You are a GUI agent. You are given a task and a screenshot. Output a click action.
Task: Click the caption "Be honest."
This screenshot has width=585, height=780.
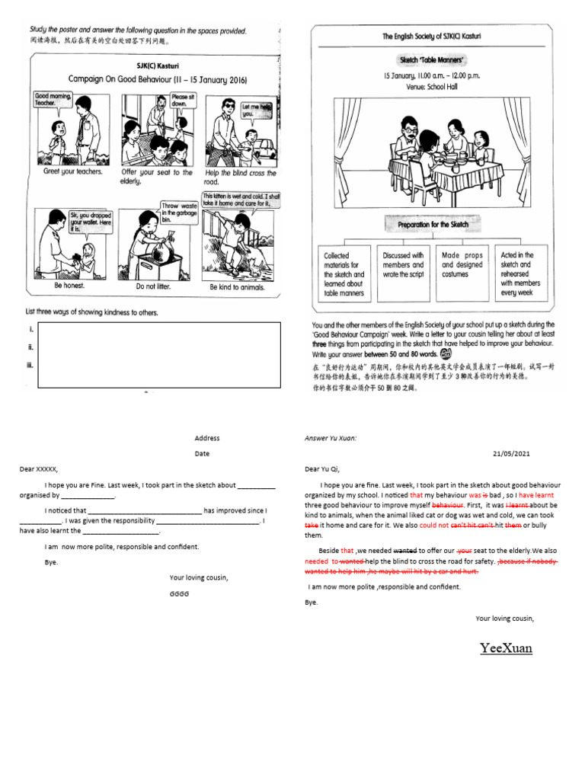(x=69, y=286)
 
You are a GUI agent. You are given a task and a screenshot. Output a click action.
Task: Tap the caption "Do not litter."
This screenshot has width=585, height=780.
(x=155, y=287)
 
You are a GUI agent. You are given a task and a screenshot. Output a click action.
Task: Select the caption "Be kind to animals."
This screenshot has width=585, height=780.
(x=237, y=287)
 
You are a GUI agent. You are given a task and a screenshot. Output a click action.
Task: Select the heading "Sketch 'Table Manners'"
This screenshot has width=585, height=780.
(x=431, y=59)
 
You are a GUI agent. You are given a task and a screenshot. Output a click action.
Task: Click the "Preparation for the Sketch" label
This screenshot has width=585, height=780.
(x=432, y=225)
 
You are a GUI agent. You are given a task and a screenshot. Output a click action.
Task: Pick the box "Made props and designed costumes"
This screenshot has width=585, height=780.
(x=462, y=266)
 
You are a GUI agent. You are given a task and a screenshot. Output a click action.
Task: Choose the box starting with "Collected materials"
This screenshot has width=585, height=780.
(x=344, y=274)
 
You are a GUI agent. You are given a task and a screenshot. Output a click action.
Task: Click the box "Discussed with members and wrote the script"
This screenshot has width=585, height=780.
(x=403, y=265)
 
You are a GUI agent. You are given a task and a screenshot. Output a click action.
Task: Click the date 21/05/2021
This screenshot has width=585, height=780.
(x=512, y=453)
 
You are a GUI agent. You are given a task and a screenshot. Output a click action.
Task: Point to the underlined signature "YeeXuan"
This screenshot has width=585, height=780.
(x=506, y=648)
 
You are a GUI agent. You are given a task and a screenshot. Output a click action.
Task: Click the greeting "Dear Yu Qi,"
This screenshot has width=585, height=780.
(x=323, y=469)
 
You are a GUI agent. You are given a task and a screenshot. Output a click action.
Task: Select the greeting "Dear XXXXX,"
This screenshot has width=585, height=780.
(x=39, y=469)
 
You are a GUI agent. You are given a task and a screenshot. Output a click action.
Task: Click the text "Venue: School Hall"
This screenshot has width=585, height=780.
(x=431, y=87)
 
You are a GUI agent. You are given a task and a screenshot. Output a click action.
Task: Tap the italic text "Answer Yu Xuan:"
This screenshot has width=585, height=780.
(x=331, y=438)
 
